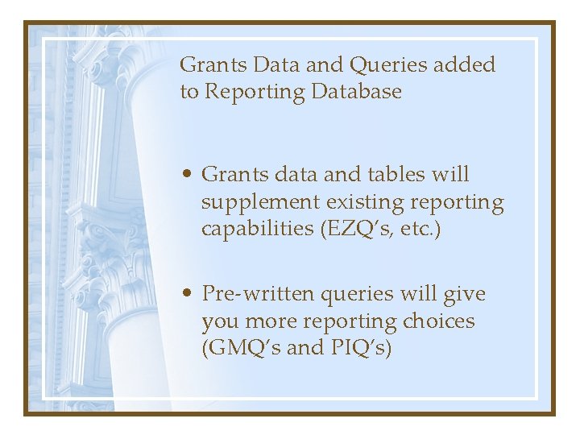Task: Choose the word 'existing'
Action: (x=359, y=202)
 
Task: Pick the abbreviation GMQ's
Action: (x=242, y=349)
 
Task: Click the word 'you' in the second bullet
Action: (x=218, y=321)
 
